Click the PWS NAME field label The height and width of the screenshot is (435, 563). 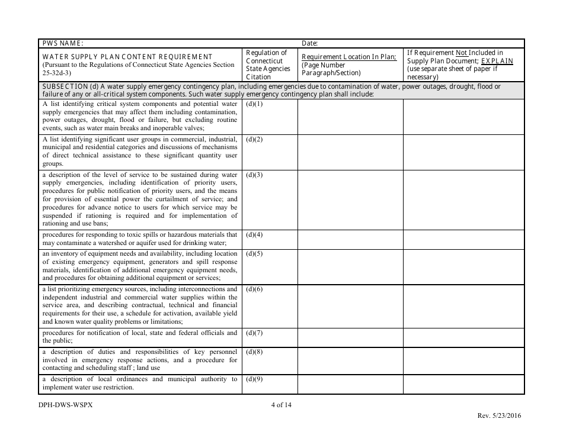point(63,43)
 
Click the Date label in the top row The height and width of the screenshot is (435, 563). point(310,43)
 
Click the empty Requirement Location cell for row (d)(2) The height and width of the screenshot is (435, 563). point(350,152)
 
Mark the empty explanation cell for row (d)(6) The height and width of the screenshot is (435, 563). point(463,306)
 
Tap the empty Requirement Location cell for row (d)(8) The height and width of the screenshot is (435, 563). point(350,360)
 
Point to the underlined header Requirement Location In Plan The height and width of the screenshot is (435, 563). point(348,57)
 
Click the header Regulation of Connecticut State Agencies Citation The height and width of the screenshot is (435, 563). point(268,65)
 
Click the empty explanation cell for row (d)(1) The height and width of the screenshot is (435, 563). point(463,117)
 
